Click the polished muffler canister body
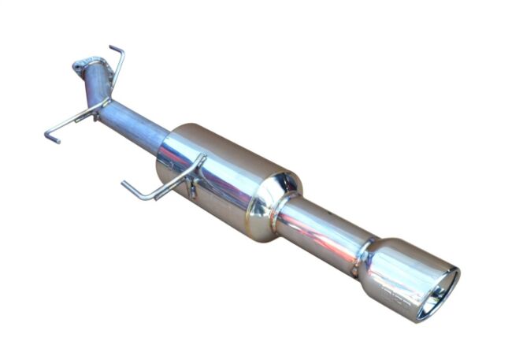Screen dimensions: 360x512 (221, 177)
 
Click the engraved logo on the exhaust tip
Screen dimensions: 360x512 (394, 299)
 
